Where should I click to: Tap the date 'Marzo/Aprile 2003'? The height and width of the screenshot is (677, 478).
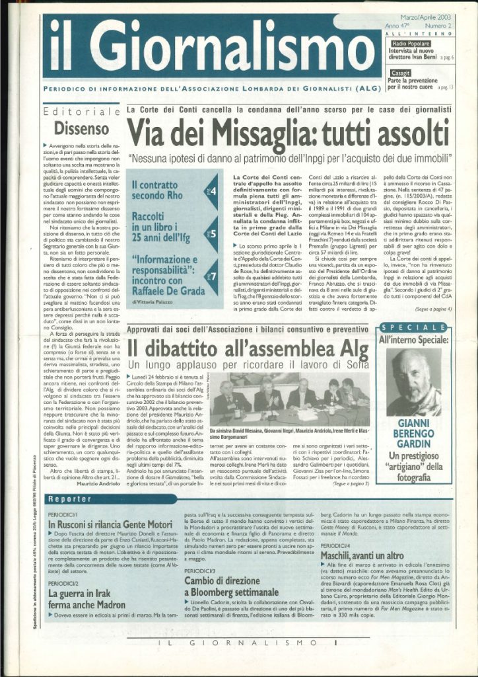coord(423,24)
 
